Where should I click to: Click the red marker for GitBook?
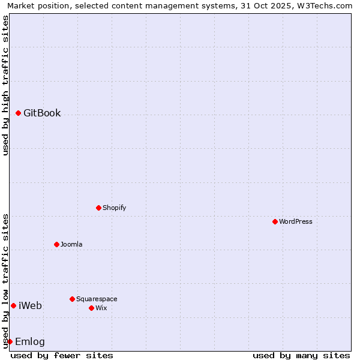18,113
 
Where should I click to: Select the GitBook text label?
42,113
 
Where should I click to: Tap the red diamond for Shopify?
98,208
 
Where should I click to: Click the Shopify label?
114,208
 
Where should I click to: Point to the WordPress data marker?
275,221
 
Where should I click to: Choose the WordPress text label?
295,221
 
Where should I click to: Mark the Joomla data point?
56,244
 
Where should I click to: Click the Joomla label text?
71,244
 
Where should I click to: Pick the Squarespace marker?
72,299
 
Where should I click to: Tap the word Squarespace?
97,299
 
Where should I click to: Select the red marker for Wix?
91,308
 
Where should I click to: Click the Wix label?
101,308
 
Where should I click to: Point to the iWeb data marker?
13,305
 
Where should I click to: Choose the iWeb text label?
30,306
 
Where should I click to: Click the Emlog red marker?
10,341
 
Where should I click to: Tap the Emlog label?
29,342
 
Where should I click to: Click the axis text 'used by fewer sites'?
62,355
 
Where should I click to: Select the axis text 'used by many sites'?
301,355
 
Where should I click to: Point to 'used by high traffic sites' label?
5,85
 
